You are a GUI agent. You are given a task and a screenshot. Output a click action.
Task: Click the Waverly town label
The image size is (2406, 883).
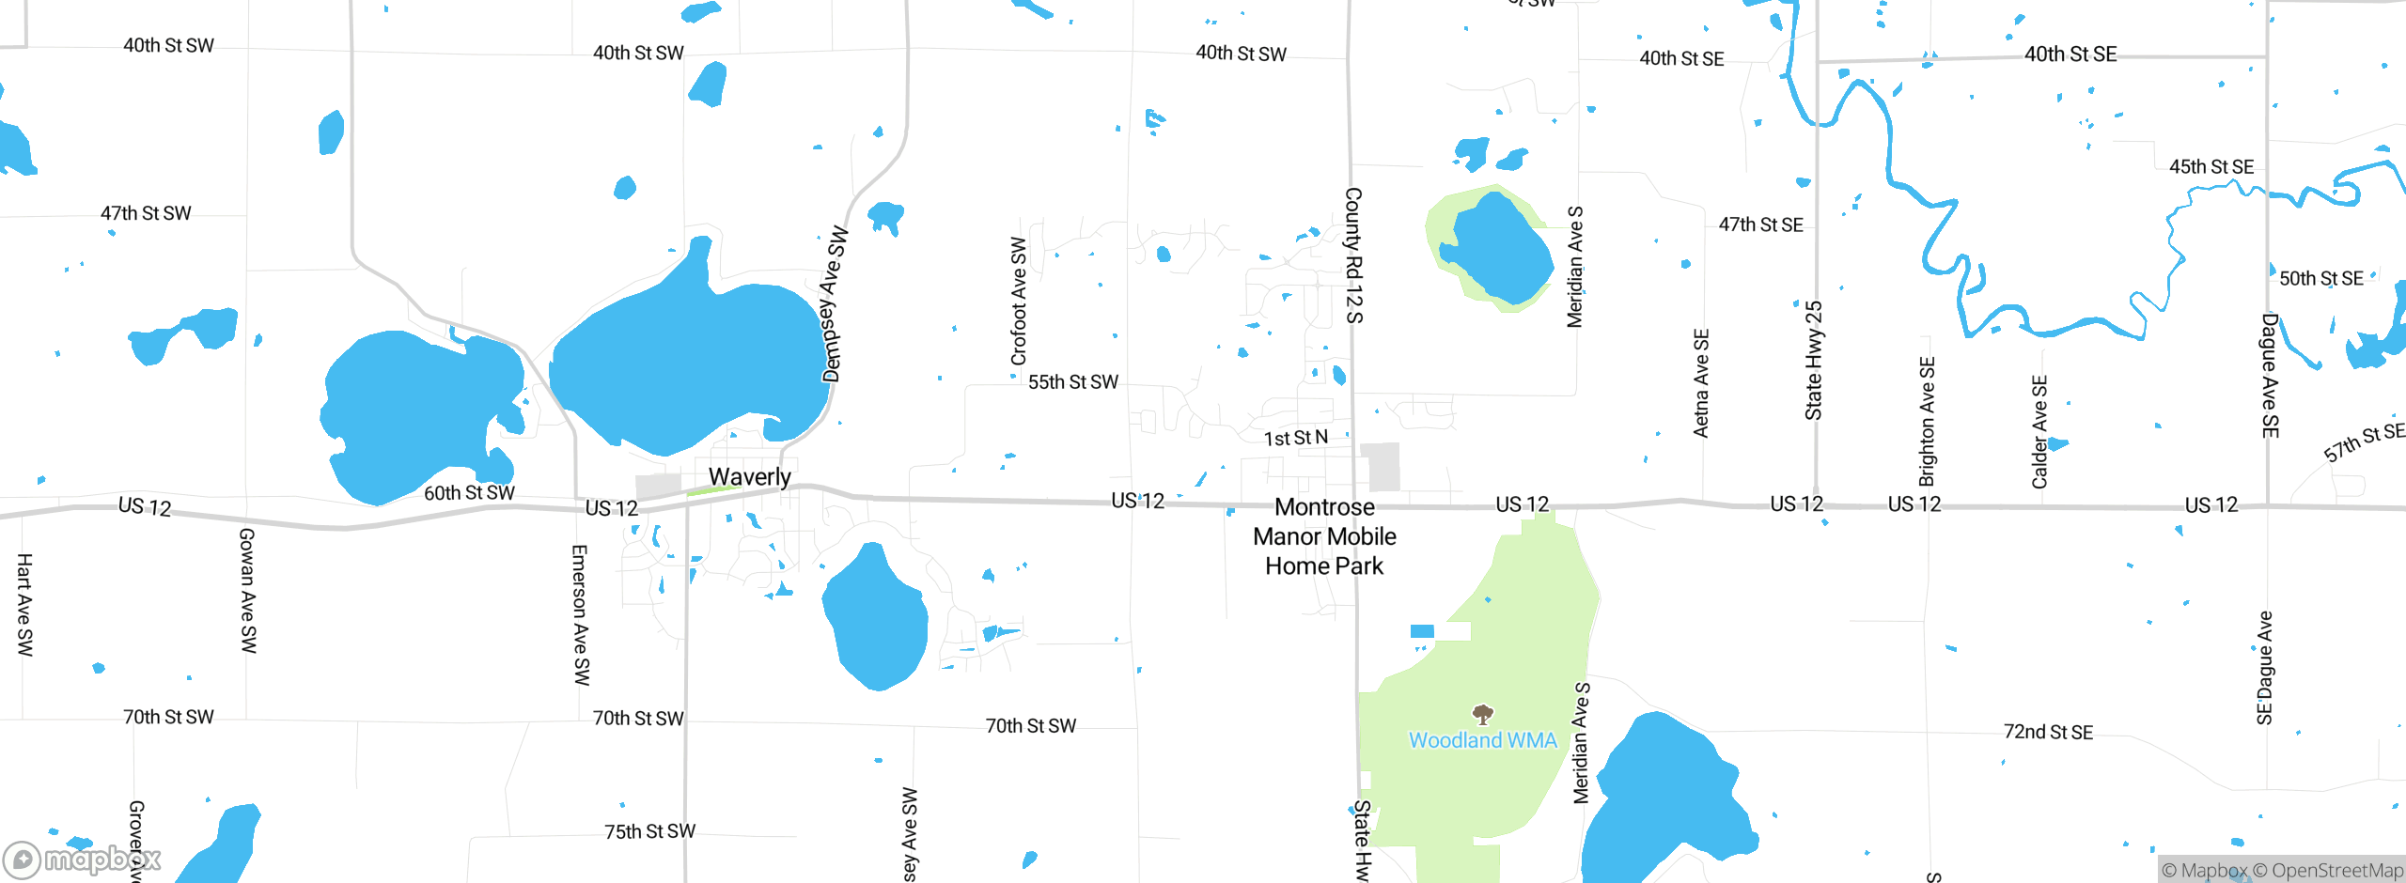[x=749, y=477]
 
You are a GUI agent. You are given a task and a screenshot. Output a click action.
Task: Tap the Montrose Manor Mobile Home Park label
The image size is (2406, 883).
[x=1324, y=536]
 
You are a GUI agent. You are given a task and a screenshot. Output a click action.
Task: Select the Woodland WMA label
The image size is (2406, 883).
[x=1482, y=740]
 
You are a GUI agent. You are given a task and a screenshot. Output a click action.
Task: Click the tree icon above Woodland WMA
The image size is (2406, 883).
[x=1482, y=715]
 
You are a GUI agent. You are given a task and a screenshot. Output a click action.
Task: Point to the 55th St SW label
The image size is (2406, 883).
[x=1072, y=382]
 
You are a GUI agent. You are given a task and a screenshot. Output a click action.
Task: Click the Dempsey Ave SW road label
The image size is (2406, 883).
[x=834, y=304]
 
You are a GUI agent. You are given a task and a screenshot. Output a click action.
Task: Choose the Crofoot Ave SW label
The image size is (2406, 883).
[x=1019, y=301]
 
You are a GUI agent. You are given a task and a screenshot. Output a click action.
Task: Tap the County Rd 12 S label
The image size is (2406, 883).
[x=1353, y=255]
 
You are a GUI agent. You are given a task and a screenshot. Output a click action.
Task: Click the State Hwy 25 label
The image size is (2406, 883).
[x=1813, y=360]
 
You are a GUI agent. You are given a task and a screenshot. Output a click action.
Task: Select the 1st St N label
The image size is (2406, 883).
[x=1295, y=438]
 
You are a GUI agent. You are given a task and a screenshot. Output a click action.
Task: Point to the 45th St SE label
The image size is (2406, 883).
[x=2211, y=167]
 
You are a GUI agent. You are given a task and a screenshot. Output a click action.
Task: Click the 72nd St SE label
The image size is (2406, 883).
[x=2048, y=732]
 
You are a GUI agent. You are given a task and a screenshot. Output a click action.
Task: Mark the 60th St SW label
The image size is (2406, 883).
[x=469, y=493]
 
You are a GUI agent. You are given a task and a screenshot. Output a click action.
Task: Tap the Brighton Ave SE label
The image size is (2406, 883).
[x=1927, y=421]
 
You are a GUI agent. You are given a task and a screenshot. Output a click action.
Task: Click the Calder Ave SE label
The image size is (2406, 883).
[x=2039, y=432]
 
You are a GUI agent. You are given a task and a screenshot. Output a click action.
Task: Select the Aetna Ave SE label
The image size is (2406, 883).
[x=1700, y=382]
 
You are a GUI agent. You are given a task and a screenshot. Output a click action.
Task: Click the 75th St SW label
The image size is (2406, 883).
[x=649, y=831]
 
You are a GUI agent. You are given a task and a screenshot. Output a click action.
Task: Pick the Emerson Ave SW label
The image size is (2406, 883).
[x=580, y=614]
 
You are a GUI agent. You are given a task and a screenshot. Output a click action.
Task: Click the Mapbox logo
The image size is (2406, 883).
[x=82, y=859]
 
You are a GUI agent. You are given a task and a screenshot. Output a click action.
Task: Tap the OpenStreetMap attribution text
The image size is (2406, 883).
[x=2327, y=871]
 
